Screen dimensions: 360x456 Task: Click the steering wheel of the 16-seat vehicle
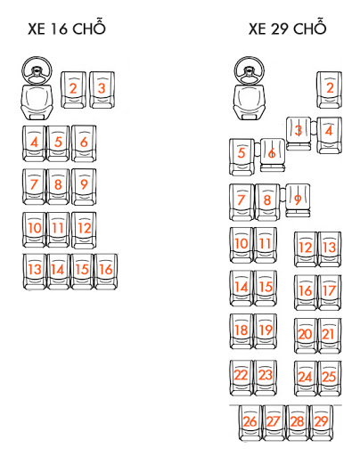click(x=37, y=70)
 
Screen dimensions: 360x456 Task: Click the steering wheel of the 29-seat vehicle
click(x=250, y=70)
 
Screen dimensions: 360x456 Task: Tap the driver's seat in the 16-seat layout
click(x=37, y=102)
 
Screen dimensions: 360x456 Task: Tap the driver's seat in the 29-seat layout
click(x=250, y=102)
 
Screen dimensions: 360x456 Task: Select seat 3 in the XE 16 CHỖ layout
click(x=102, y=90)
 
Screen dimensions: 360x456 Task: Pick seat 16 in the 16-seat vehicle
click(x=106, y=272)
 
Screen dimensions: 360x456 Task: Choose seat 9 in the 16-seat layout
click(x=84, y=187)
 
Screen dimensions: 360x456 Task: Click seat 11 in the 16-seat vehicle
click(x=58, y=230)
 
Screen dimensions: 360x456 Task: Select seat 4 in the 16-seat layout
click(x=34, y=143)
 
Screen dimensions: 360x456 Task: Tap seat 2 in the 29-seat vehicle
click(x=329, y=90)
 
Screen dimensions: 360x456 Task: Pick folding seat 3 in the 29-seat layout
click(x=299, y=134)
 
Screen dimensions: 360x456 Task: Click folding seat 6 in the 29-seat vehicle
click(x=273, y=155)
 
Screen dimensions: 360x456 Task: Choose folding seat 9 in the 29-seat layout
click(x=298, y=200)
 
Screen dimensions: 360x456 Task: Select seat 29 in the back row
click(x=321, y=423)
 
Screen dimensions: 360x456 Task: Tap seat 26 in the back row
click(x=250, y=423)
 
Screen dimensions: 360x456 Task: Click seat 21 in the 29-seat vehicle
click(x=330, y=336)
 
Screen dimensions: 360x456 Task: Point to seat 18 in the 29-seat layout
click(x=241, y=331)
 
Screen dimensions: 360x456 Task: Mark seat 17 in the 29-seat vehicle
click(x=330, y=292)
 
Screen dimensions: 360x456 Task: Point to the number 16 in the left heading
click(x=60, y=28)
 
